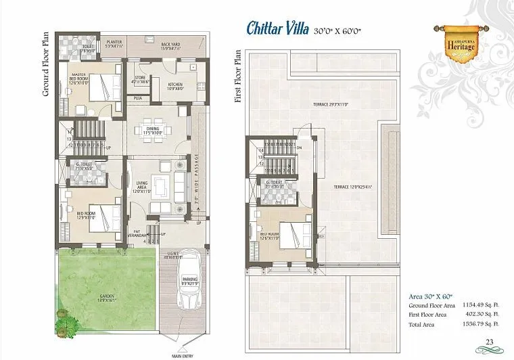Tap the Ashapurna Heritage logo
tap(452, 40)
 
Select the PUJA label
tap(137, 98)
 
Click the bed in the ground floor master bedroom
tap(103, 87)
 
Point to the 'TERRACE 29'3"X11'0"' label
tap(328, 106)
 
